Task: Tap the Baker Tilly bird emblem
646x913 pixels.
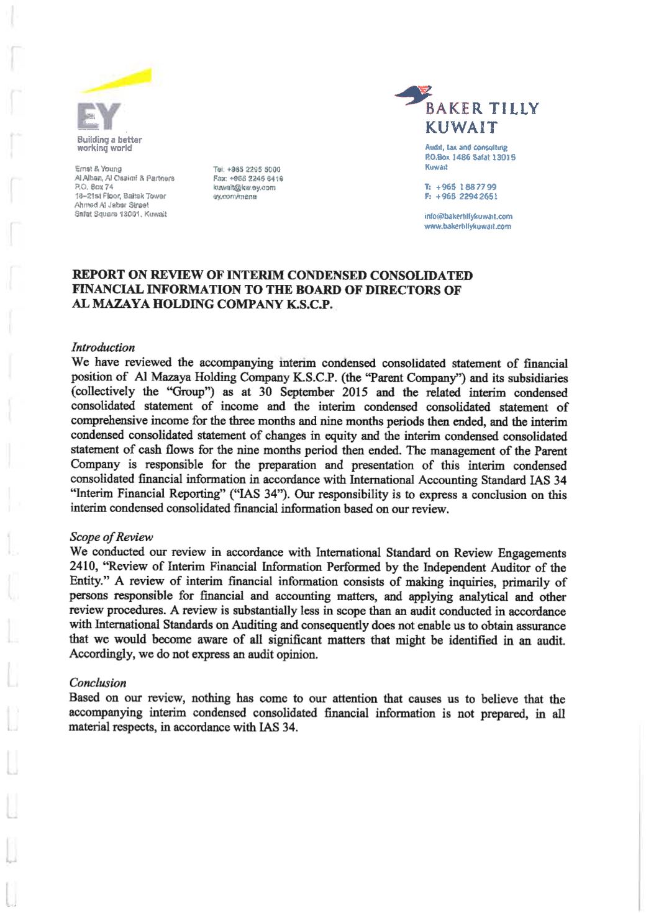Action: tap(416, 97)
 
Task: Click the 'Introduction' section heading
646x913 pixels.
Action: tap(103, 347)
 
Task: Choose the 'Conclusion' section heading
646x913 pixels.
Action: tap(98, 683)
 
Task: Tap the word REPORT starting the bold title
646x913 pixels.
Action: tap(97, 275)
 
